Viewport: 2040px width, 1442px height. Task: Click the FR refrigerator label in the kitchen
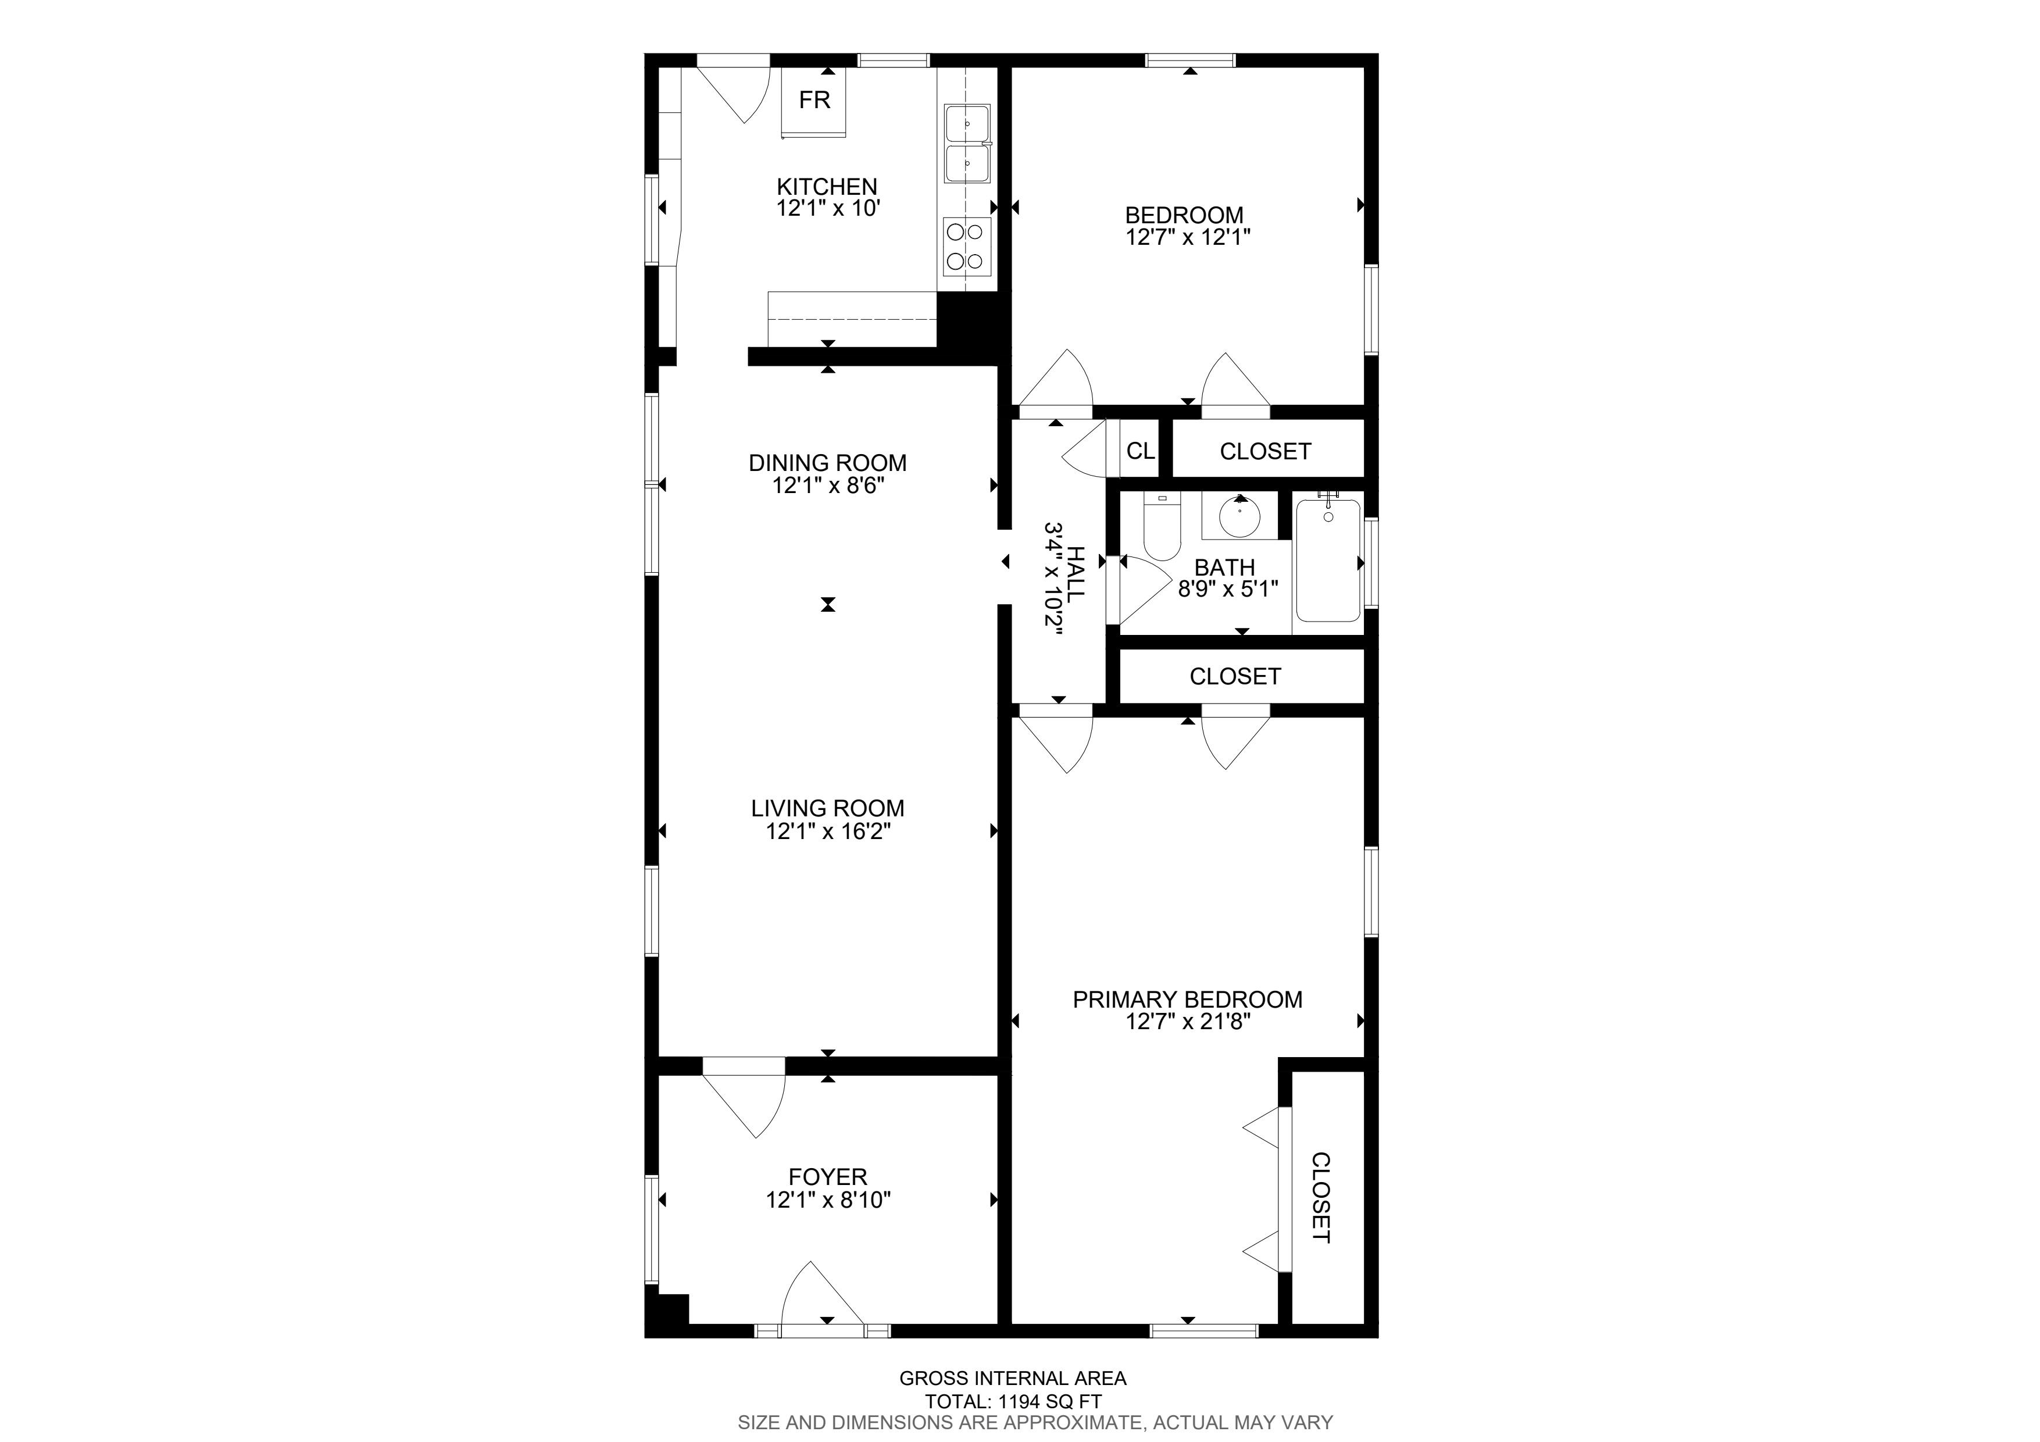814,99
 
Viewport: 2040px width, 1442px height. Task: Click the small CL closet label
1141,451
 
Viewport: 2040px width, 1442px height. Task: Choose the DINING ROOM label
827,463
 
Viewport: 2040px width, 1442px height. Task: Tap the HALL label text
1076,575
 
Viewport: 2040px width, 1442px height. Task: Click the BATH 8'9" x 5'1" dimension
1228,589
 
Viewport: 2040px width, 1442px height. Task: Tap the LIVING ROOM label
827,809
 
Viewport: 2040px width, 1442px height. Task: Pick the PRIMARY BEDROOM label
1188,1000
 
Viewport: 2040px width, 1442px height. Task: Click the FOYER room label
827,1177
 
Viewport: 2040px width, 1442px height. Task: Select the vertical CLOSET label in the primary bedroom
1321,1198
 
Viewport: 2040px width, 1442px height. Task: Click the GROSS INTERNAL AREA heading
1013,1379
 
